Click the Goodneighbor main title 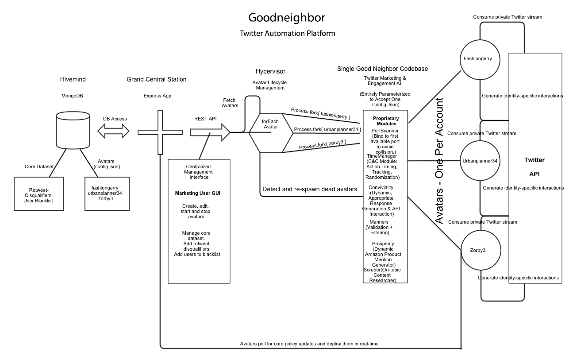286,17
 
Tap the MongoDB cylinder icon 73,131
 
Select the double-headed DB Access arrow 113,131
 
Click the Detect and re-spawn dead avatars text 310,189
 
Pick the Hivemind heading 73,79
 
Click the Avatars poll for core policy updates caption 309,344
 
